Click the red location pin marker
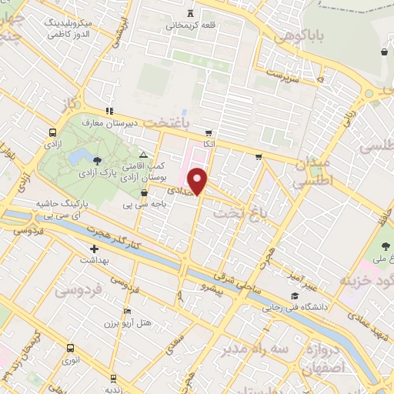[x=199, y=179]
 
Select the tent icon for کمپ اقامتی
[x=143, y=155]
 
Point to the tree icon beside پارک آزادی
[x=97, y=161]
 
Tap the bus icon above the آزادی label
[x=52, y=132]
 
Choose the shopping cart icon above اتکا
[x=208, y=132]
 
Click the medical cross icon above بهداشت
[x=94, y=249]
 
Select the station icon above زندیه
[x=114, y=378]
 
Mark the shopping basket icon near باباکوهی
[x=383, y=52]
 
